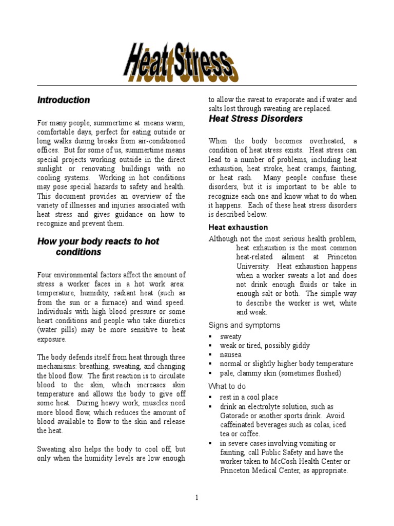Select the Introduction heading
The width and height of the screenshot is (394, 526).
(x=63, y=100)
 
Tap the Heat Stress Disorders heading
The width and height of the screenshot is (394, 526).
(x=255, y=119)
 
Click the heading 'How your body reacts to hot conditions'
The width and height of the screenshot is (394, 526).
(x=98, y=247)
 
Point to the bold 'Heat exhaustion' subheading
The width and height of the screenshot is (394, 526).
(x=238, y=227)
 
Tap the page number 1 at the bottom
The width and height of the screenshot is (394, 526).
(x=196, y=497)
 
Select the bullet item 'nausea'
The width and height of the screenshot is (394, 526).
(x=231, y=355)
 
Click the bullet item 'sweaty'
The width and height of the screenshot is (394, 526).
(x=231, y=336)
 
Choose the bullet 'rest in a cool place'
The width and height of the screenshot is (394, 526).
(x=249, y=397)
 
